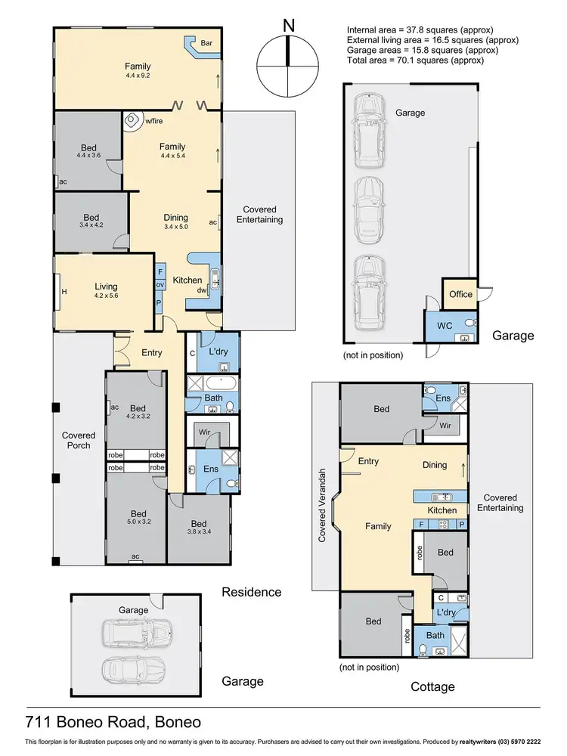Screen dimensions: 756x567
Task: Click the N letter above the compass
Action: click(x=288, y=25)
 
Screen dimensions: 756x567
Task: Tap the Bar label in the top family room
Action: click(x=206, y=44)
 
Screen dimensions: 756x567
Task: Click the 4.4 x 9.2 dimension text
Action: click(x=138, y=76)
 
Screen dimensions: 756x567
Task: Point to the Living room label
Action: click(x=106, y=287)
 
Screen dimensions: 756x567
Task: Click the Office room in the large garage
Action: click(x=460, y=294)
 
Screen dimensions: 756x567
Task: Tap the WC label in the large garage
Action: click(x=445, y=326)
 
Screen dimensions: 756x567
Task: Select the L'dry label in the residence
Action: click(x=218, y=352)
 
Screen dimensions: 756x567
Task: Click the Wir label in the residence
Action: click(x=204, y=432)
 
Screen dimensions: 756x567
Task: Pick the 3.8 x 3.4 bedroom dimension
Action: click(x=198, y=533)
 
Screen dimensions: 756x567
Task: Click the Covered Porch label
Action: click(x=79, y=440)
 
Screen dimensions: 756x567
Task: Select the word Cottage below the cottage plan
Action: click(x=432, y=686)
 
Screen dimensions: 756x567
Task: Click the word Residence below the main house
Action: click(x=252, y=592)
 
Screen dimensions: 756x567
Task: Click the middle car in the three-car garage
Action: click(x=366, y=200)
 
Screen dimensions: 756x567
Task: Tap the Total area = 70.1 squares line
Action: click(x=415, y=60)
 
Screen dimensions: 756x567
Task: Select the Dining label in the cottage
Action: click(x=435, y=465)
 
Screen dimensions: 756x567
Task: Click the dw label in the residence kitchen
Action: click(x=202, y=290)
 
